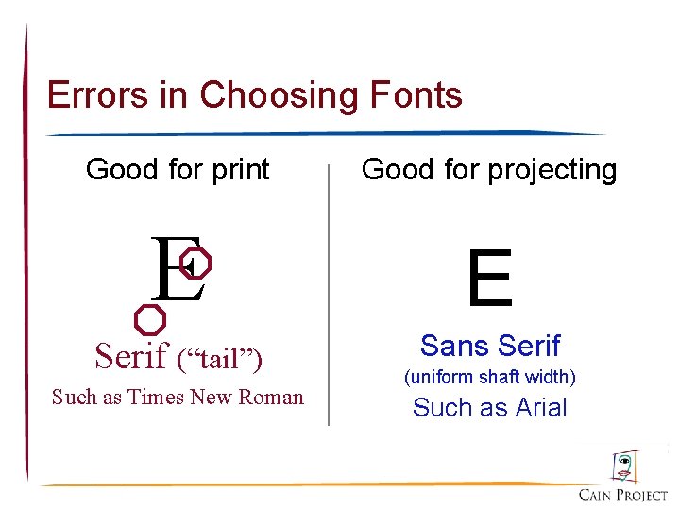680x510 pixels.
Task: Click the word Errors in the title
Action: (x=85, y=95)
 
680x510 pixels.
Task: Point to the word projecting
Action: (x=552, y=171)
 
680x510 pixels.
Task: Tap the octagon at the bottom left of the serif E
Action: (x=149, y=319)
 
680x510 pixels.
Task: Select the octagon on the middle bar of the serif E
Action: (x=195, y=264)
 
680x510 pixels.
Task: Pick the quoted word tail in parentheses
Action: (x=219, y=358)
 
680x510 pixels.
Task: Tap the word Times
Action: (x=156, y=397)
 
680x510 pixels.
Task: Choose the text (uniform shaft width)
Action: (x=490, y=377)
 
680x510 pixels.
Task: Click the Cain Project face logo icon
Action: (x=624, y=467)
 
